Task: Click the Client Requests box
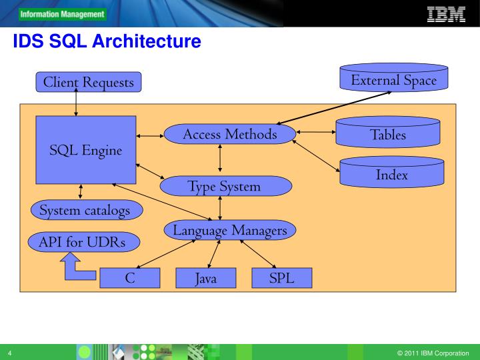[x=88, y=82]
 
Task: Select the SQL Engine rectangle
[x=85, y=150]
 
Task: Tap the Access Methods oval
[x=229, y=135]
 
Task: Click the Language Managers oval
[x=229, y=231]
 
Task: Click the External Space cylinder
[x=393, y=79]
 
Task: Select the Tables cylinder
[x=387, y=133]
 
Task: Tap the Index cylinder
[x=391, y=174]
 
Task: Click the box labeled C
[x=130, y=278]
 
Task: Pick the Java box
[x=205, y=278]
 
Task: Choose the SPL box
[x=281, y=278]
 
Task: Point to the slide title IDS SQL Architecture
[x=107, y=42]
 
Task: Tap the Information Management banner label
[x=62, y=14]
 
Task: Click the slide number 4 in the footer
[x=10, y=353]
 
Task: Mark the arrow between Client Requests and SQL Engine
[x=77, y=103]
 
